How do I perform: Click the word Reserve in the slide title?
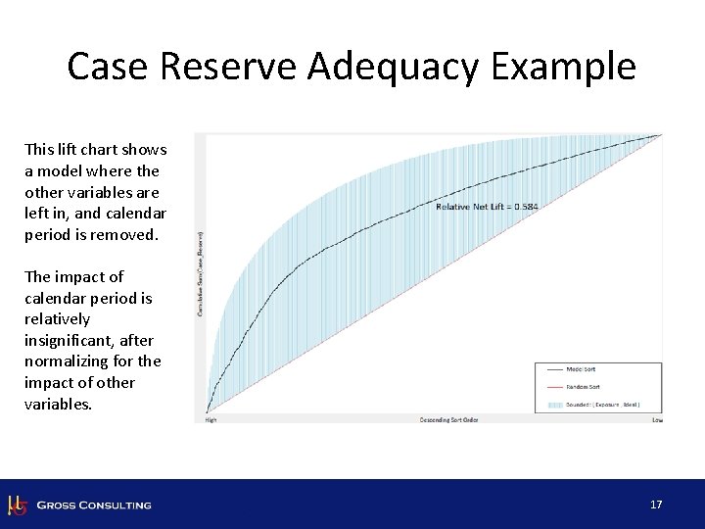pos(233,68)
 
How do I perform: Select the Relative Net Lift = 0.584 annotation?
pos(487,207)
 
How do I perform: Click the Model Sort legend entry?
pos(582,369)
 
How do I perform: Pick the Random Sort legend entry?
pos(584,386)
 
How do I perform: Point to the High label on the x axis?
pos(211,420)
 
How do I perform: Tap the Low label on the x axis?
pos(657,420)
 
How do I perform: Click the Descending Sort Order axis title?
pos(448,420)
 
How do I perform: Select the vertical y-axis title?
pos(201,273)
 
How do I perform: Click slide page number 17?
pos(656,505)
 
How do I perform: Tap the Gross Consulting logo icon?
pos(17,505)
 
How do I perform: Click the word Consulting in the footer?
pos(116,505)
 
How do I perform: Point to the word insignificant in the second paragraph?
pos(88,340)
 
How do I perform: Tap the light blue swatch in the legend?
pos(555,404)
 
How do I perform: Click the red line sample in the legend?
pos(555,386)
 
